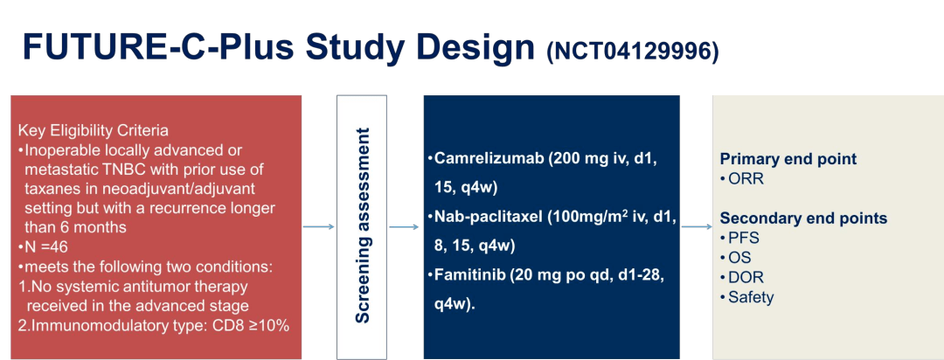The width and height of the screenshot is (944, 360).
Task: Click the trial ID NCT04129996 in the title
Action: click(x=633, y=52)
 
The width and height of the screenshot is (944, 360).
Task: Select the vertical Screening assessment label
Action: click(x=362, y=225)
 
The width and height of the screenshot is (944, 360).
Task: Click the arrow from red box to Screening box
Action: click(x=318, y=227)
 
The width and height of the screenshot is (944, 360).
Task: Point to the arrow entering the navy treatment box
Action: click(x=403, y=227)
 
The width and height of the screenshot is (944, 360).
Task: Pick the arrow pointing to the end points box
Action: click(x=696, y=227)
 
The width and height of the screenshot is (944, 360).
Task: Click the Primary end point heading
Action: click(x=788, y=160)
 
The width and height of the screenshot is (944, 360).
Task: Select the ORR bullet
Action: click(x=742, y=179)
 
